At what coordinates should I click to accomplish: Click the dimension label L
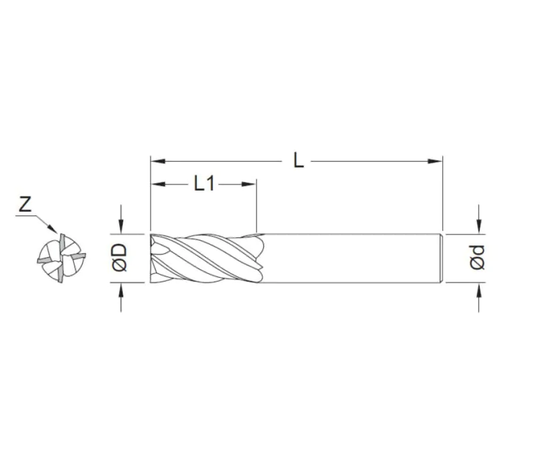(298, 160)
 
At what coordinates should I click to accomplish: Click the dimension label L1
(205, 183)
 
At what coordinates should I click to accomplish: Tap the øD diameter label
(121, 258)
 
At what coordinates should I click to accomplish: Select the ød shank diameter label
(477, 258)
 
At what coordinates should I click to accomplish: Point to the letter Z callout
(25, 205)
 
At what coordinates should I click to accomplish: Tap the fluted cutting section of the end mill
(207, 258)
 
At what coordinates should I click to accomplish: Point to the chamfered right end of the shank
(441, 258)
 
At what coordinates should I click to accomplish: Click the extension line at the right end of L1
(257, 207)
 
